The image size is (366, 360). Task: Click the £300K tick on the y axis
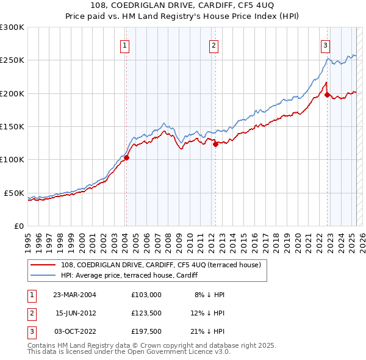click(12, 27)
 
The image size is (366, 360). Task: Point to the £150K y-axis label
click(12, 126)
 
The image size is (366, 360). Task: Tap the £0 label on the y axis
click(18, 226)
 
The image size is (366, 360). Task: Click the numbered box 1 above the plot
click(124, 45)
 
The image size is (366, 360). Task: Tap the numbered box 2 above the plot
click(214, 45)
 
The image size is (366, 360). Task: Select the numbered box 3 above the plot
click(325, 45)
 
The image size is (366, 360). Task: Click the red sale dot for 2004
click(127, 157)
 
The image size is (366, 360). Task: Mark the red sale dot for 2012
click(215, 144)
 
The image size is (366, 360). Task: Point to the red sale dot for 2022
click(328, 95)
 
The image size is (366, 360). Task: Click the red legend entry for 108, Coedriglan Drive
click(161, 265)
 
